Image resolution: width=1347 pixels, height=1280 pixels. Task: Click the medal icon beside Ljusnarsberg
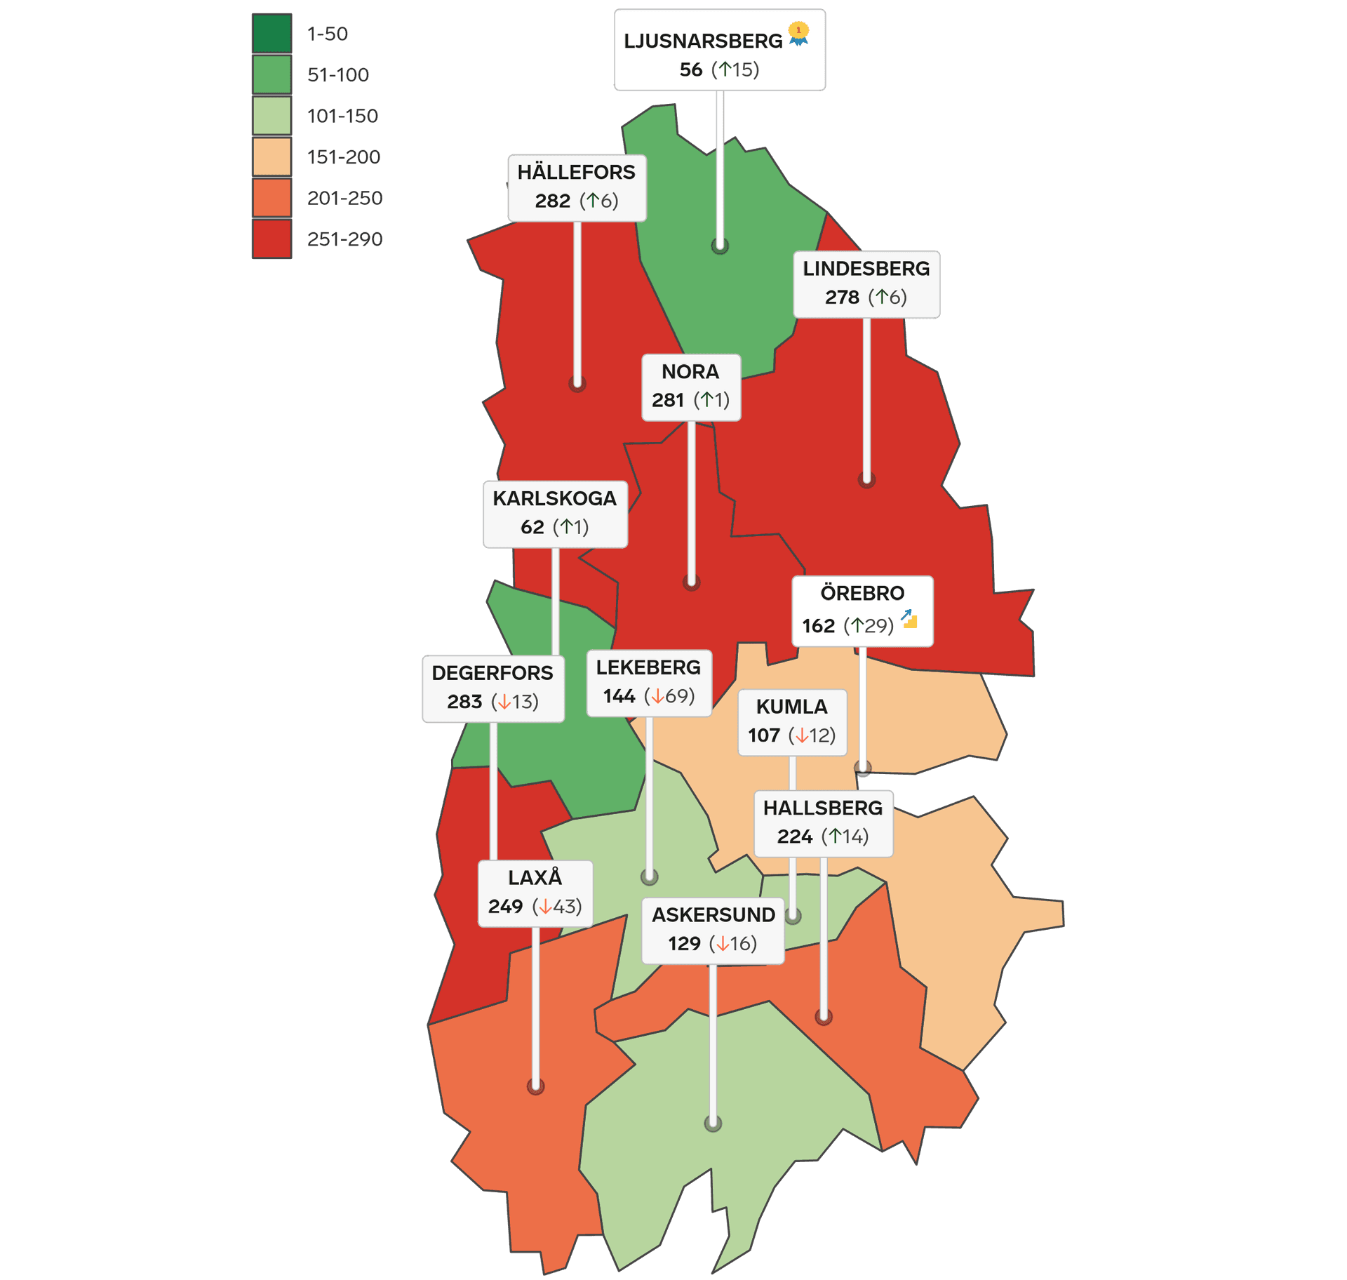798,33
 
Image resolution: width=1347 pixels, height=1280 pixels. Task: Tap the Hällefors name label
576,173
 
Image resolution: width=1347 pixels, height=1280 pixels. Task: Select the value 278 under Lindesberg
842,298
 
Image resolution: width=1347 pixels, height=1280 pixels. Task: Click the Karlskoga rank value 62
532,527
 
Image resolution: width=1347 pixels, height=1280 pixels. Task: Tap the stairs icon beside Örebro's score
909,619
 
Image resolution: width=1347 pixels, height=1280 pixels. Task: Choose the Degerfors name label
492,673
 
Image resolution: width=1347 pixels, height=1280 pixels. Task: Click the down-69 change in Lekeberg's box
670,696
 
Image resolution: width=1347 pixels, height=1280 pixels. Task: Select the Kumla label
792,707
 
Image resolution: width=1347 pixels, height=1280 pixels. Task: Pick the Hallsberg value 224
794,836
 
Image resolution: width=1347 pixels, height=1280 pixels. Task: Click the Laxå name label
535,878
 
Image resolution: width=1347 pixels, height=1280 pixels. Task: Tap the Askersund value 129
684,943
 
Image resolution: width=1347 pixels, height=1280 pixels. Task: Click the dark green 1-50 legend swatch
272,33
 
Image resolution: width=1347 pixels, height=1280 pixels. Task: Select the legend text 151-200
344,156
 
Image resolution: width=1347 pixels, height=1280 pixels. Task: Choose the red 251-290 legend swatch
272,239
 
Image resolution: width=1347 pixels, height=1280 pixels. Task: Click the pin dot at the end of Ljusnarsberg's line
720,246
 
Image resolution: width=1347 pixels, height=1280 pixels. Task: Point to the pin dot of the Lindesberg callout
866,481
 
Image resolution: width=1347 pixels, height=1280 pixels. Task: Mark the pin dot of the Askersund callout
713,1124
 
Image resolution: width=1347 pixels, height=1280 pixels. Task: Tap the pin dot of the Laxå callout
535,1086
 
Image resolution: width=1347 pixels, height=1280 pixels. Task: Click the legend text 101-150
342,116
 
